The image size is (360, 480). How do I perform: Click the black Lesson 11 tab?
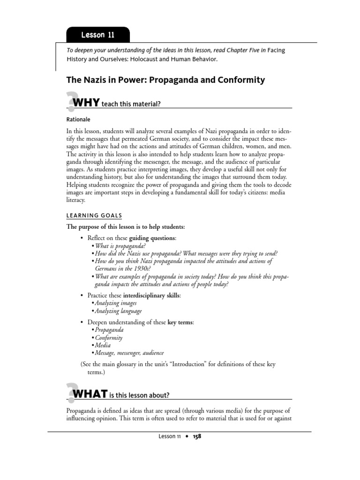[x=97, y=35]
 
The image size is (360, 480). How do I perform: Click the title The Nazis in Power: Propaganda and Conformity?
[x=166, y=80]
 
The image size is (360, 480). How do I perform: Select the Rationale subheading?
[x=78, y=120]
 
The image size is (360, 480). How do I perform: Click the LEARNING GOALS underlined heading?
[x=94, y=216]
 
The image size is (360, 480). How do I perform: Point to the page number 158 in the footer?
[x=196, y=436]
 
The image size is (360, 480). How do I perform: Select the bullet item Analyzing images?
[x=115, y=303]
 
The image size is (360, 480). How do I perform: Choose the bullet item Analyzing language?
[x=118, y=311]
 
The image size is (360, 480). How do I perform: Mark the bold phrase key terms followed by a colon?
[x=181, y=322]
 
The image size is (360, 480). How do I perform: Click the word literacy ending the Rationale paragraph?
[x=77, y=199]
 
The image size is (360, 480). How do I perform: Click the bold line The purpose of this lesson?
[x=126, y=227]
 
